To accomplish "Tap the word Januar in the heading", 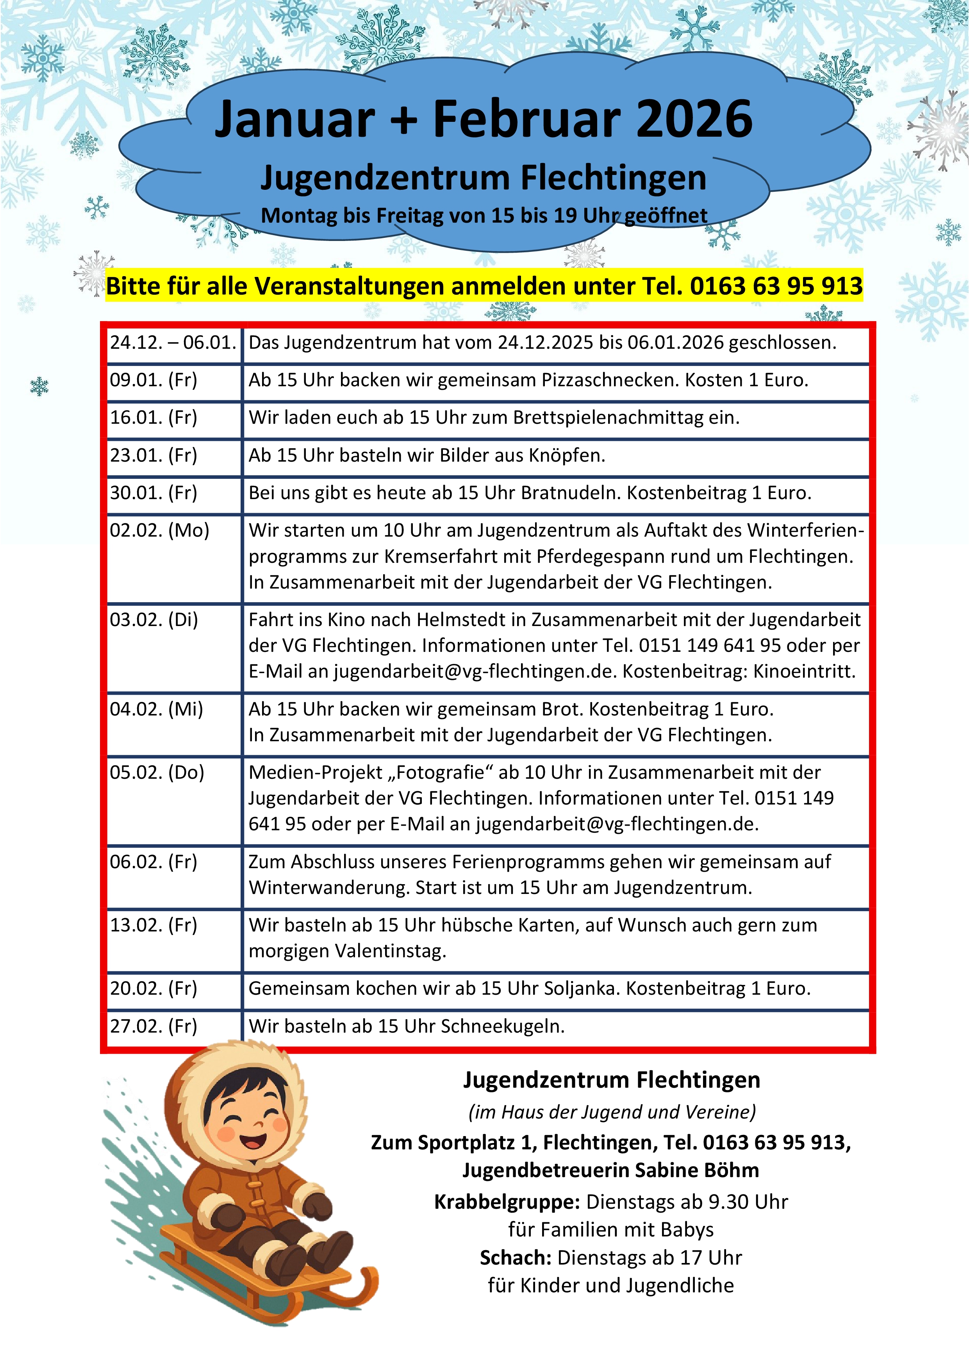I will pos(295,119).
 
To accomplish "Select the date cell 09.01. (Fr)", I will pos(153,380).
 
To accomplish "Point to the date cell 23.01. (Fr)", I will pos(153,455).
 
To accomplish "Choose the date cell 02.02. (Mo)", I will pos(159,530).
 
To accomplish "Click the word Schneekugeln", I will pos(502,1026).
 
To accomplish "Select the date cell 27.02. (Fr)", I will pos(153,1026).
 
